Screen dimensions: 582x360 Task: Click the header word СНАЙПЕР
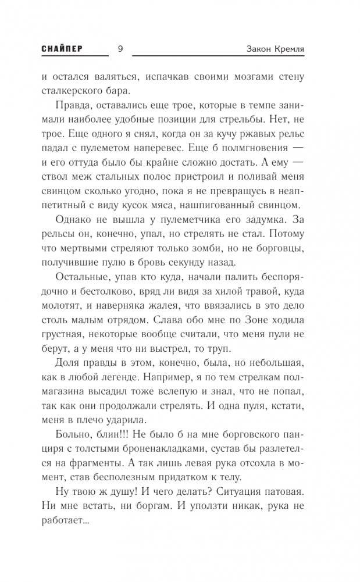tap(61, 49)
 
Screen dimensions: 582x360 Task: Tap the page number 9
tap(120, 49)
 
